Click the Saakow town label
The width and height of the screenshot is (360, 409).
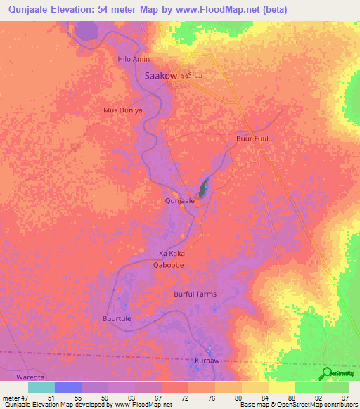pyautogui.click(x=160, y=76)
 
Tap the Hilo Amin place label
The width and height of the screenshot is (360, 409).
pyautogui.click(x=134, y=60)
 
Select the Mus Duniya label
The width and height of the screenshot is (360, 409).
pyautogui.click(x=123, y=110)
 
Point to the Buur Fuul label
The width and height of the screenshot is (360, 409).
pyautogui.click(x=252, y=138)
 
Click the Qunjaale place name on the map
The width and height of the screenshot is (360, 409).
pyautogui.click(x=179, y=201)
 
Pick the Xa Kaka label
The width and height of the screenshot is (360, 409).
pyautogui.click(x=172, y=253)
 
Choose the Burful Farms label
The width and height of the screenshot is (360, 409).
pyautogui.click(x=195, y=294)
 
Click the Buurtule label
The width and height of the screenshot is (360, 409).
pyautogui.click(x=117, y=318)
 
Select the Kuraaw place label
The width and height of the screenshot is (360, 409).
pyautogui.click(x=207, y=361)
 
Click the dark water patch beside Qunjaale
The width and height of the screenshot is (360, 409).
pyautogui.click(x=205, y=188)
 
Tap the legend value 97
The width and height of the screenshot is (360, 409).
pyautogui.click(x=345, y=398)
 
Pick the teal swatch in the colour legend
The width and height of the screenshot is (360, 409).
pyautogui.click(x=41, y=387)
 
